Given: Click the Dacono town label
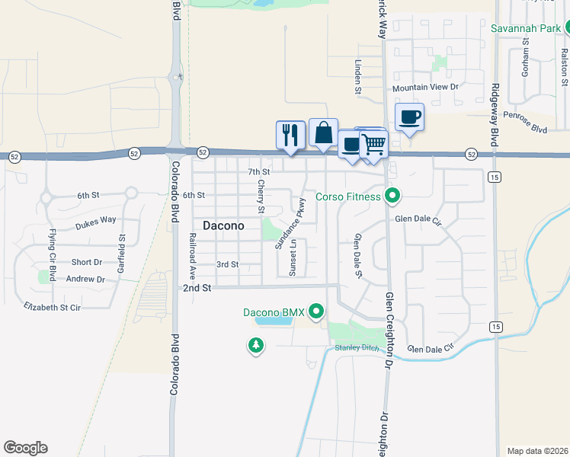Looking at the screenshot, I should tap(224, 225).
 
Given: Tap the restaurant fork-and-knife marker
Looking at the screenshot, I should tap(290, 135).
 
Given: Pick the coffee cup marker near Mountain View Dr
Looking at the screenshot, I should tap(410, 117).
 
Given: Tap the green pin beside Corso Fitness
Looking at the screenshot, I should tap(392, 197).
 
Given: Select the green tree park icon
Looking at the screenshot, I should tap(256, 347).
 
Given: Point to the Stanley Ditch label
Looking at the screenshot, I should tap(357, 348).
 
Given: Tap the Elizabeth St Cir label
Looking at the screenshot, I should tap(53, 307).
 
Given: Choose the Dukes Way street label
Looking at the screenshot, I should tap(96, 222).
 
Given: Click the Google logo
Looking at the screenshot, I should tap(25, 448).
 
